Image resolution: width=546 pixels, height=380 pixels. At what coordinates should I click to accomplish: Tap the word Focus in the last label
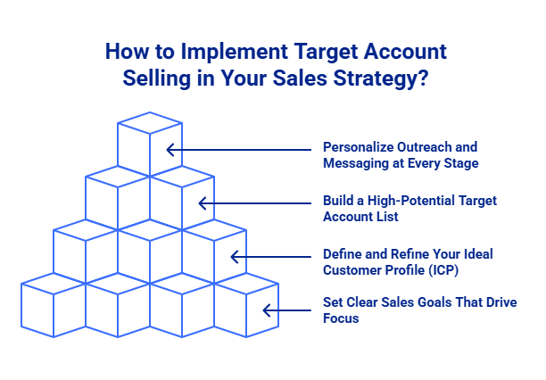[341, 318]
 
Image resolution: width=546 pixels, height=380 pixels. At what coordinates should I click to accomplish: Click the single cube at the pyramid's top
[149, 143]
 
